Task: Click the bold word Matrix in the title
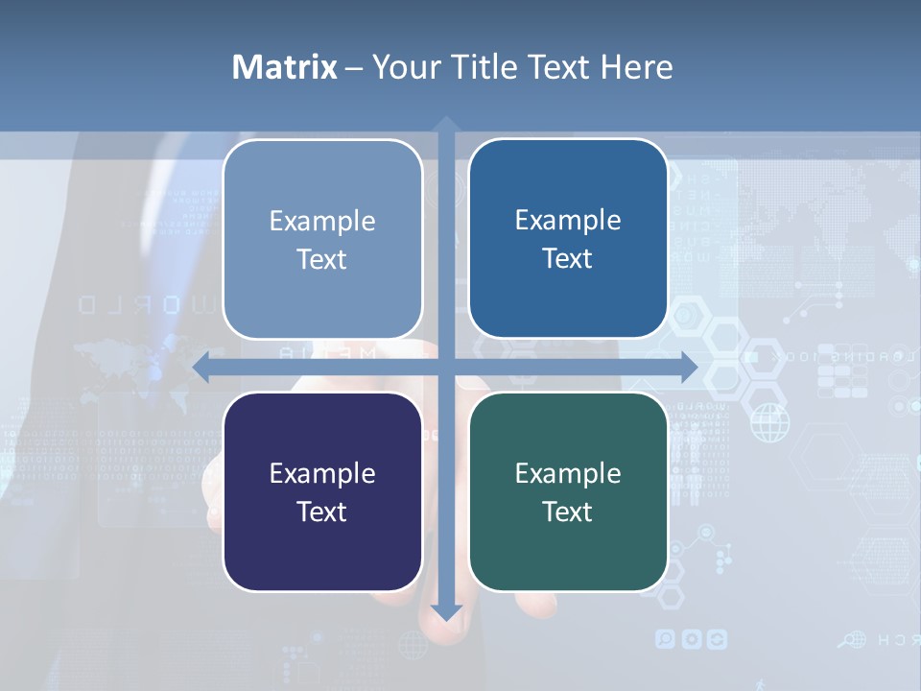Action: pyautogui.click(x=285, y=67)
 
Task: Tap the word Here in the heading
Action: pyautogui.click(x=636, y=67)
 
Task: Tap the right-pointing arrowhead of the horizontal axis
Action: pyautogui.click(x=689, y=368)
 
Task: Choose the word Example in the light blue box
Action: pyautogui.click(x=322, y=222)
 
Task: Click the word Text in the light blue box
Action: pyautogui.click(x=322, y=260)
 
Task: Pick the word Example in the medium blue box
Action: pyautogui.click(x=568, y=221)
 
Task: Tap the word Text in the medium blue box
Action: pyautogui.click(x=568, y=259)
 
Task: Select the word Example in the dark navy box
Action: pyautogui.click(x=322, y=474)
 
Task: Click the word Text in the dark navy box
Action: pyautogui.click(x=322, y=512)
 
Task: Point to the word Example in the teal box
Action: pyautogui.click(x=568, y=474)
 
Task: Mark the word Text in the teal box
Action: pyautogui.click(x=568, y=512)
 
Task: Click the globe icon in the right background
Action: pyautogui.click(x=768, y=422)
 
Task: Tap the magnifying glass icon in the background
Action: pyautogui.click(x=847, y=639)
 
